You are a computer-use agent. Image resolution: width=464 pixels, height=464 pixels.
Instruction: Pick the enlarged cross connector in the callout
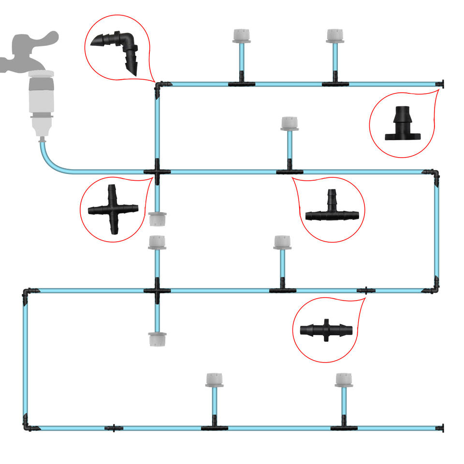click(113, 209)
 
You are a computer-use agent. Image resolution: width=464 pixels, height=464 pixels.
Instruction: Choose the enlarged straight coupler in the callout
click(327, 330)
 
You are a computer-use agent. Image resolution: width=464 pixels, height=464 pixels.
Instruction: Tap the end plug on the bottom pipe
click(439, 428)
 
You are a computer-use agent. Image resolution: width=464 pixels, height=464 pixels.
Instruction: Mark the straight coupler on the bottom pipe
click(113, 428)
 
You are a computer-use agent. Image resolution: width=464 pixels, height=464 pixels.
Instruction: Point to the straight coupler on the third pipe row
click(366, 290)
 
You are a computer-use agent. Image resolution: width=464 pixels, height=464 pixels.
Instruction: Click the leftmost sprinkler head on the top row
click(241, 36)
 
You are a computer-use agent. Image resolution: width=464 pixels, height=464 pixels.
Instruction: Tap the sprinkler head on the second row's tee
click(290, 124)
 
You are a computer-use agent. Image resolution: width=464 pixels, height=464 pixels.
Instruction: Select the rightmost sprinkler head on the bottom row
click(344, 380)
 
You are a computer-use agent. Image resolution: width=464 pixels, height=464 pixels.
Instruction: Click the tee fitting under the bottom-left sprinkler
click(215, 427)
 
